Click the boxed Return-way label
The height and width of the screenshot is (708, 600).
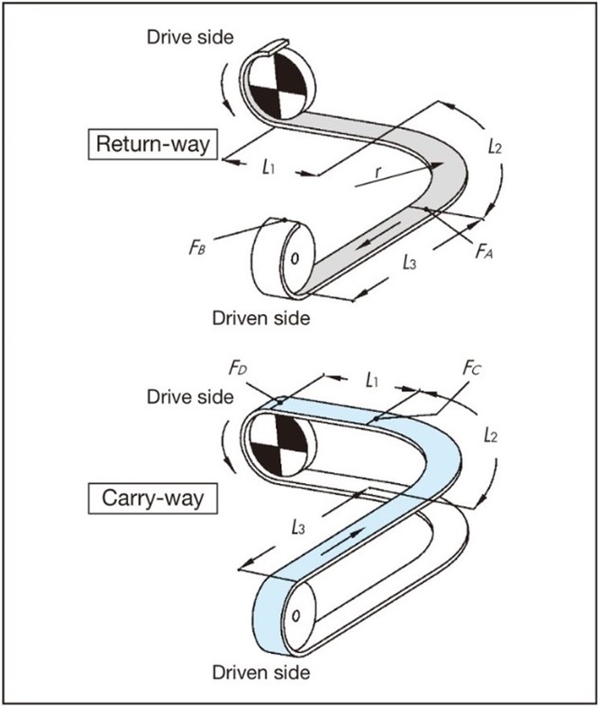(x=153, y=144)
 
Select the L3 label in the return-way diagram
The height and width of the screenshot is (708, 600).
(x=409, y=263)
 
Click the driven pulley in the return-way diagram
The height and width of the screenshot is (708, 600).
(x=284, y=257)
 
